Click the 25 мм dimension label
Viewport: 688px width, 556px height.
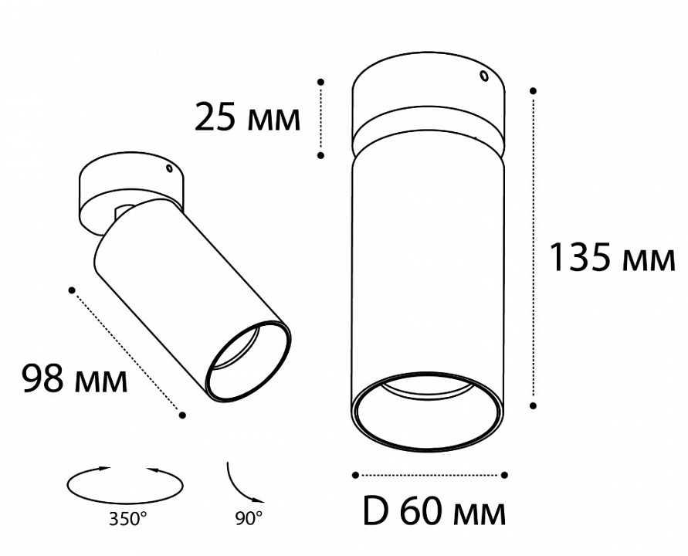tap(247, 117)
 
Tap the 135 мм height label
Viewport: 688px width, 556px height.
tap(612, 258)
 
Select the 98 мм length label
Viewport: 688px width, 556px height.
tap(75, 378)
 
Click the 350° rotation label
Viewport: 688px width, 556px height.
tap(128, 519)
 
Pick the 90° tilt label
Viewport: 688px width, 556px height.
tap(249, 519)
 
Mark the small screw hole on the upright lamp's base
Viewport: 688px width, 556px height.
tap(484, 76)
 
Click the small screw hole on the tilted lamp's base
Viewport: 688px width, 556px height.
tap(168, 168)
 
